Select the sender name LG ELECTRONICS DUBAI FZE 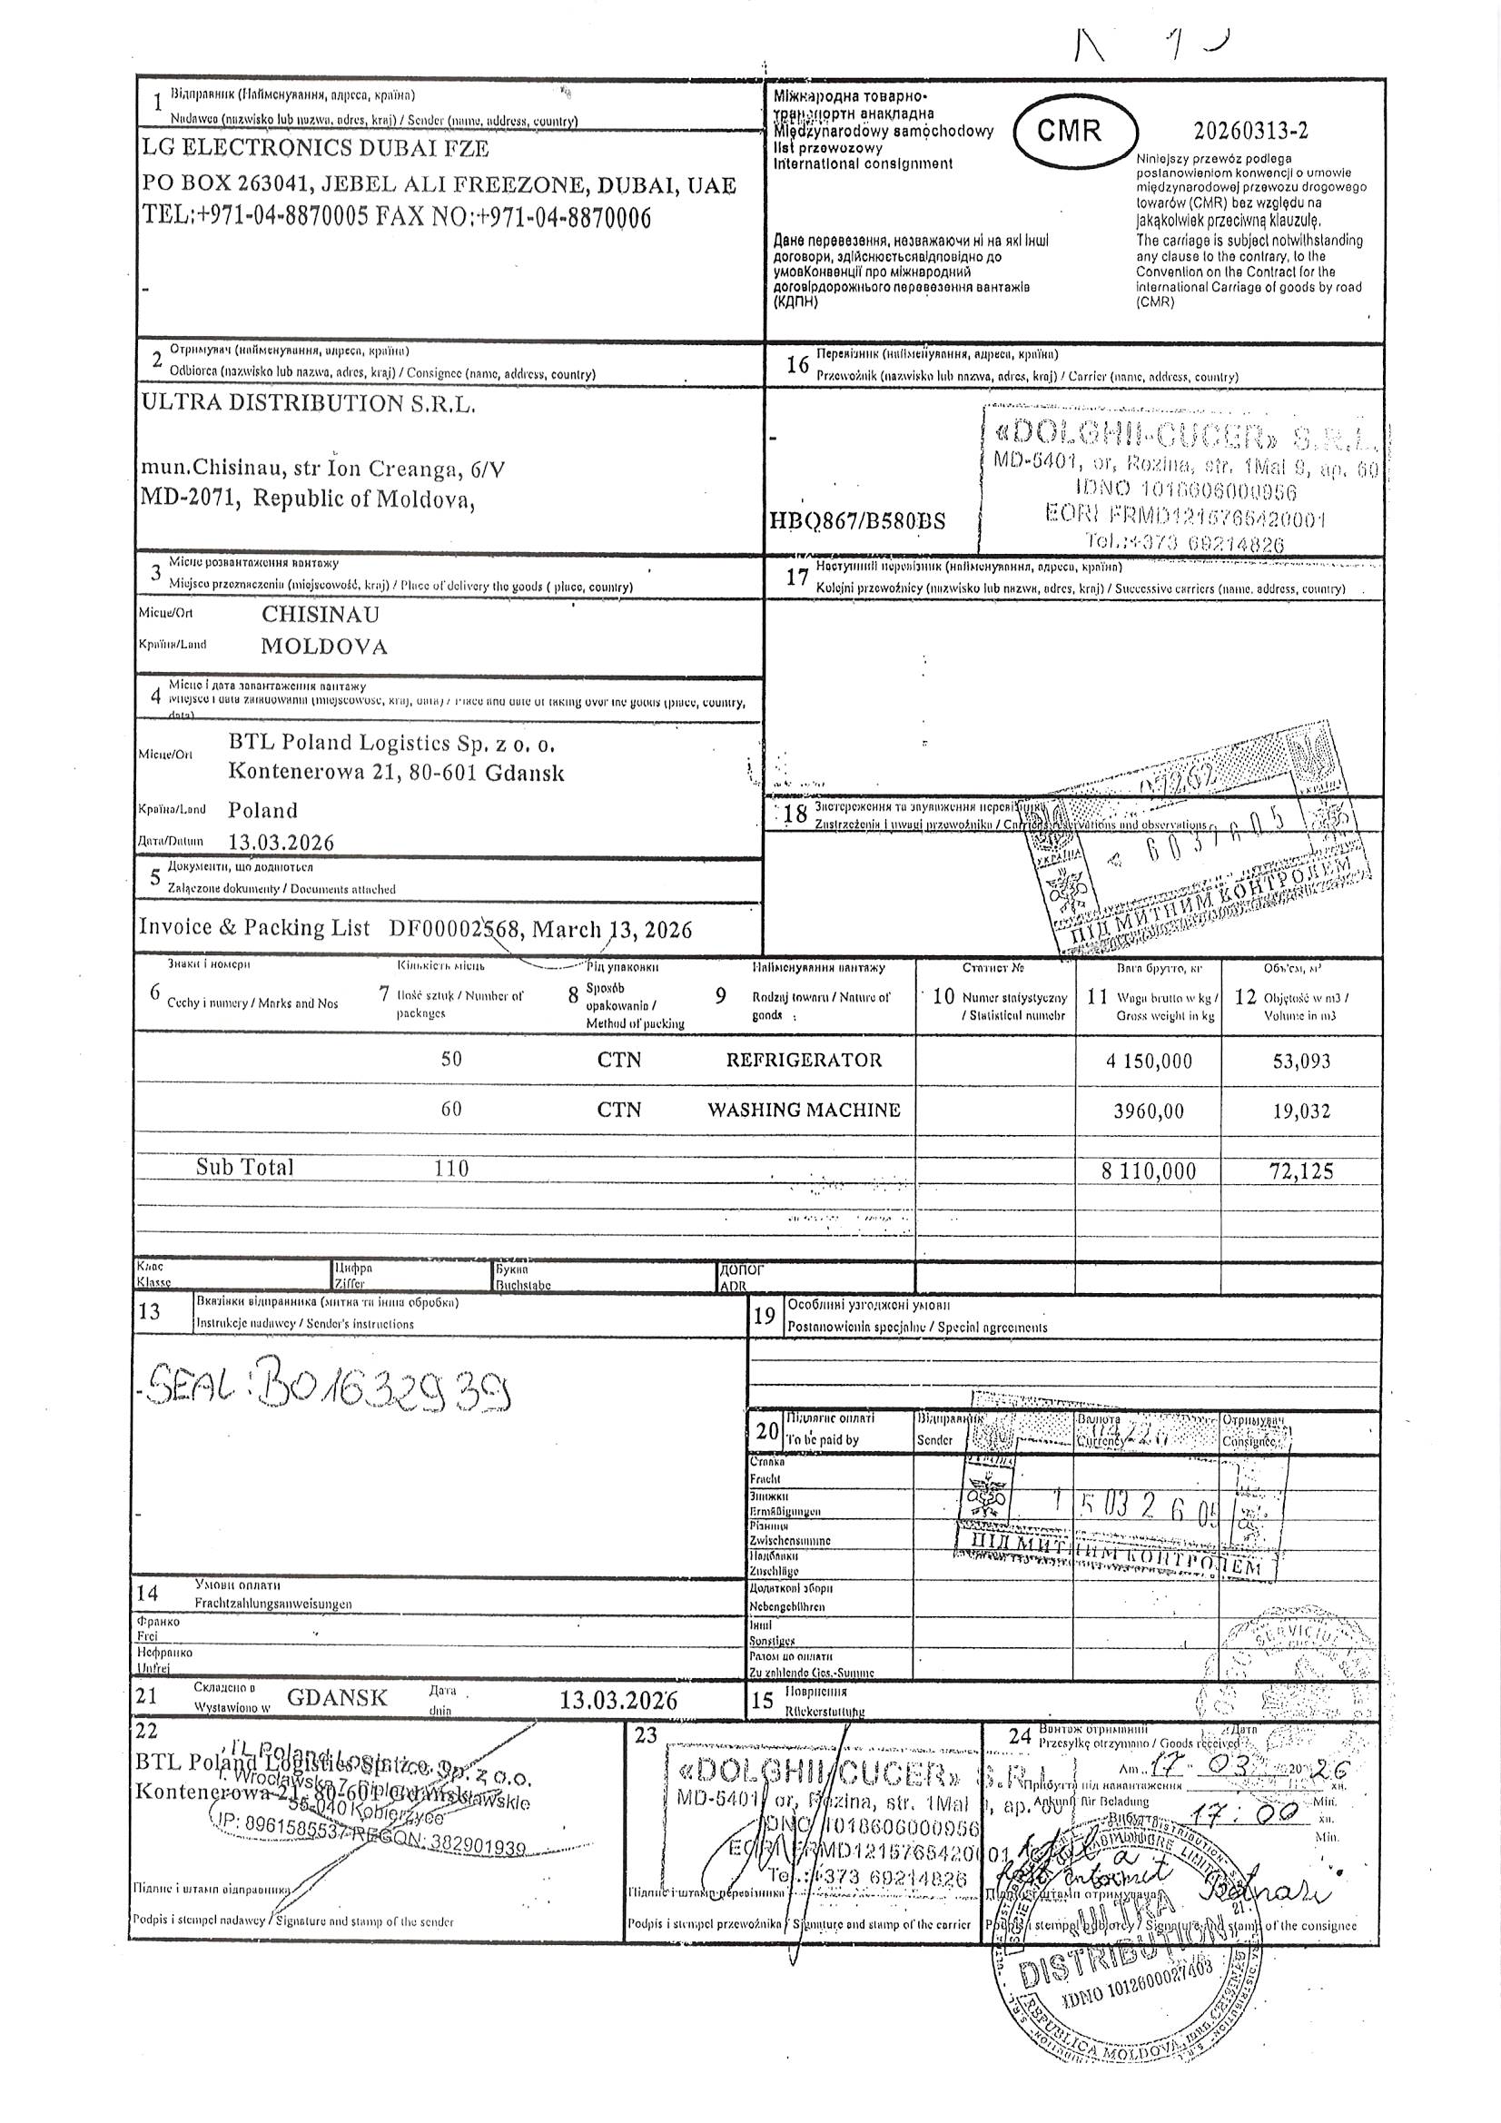[315, 148]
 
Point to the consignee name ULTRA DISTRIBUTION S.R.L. [308, 403]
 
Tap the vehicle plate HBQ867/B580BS [857, 520]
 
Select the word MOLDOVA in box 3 [323, 647]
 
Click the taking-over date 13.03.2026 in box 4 [281, 843]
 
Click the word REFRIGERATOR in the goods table [804, 1060]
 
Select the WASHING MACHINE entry [804, 1110]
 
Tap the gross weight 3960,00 [1149, 1111]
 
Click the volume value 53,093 [1301, 1061]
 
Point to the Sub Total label [244, 1167]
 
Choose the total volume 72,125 [1301, 1171]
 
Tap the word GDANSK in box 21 [338, 1697]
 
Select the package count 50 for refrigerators [451, 1060]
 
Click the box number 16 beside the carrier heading [797, 364]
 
